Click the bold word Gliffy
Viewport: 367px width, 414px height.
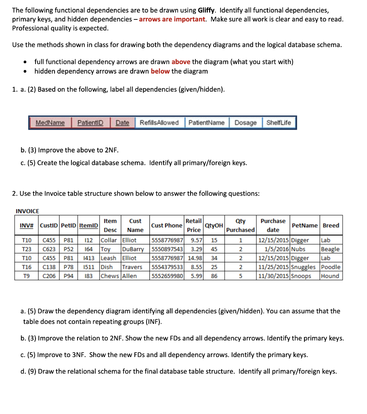point(208,10)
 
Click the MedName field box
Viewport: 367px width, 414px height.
point(50,123)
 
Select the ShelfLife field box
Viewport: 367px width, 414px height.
point(279,123)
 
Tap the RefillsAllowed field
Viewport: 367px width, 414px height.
point(159,123)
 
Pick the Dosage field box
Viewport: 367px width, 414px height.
point(245,123)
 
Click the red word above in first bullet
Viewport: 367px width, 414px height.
point(181,62)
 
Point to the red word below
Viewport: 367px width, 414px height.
point(160,71)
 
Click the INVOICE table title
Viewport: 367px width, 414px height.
point(27,211)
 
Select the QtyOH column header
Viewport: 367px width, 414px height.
point(214,225)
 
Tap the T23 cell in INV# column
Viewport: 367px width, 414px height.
point(27,249)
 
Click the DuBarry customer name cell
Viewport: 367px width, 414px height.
point(133,249)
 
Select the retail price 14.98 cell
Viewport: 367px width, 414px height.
point(195,258)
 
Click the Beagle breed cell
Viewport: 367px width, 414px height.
point(330,249)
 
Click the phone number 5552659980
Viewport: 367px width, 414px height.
point(167,276)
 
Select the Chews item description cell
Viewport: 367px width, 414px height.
point(109,276)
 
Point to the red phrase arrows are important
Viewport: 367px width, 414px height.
point(172,19)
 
